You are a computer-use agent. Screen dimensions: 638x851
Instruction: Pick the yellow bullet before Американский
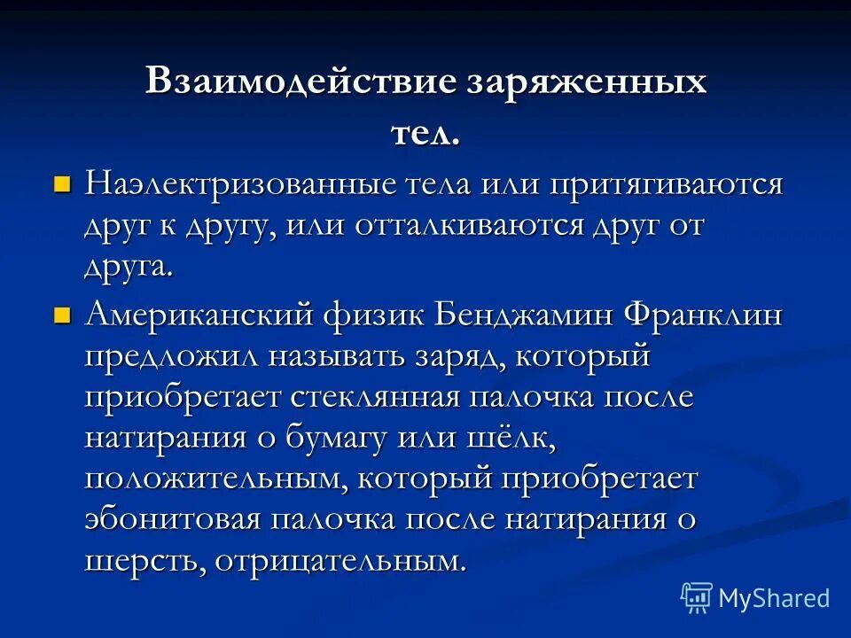tap(61, 315)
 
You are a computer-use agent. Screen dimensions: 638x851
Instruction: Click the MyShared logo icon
tap(696, 598)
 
